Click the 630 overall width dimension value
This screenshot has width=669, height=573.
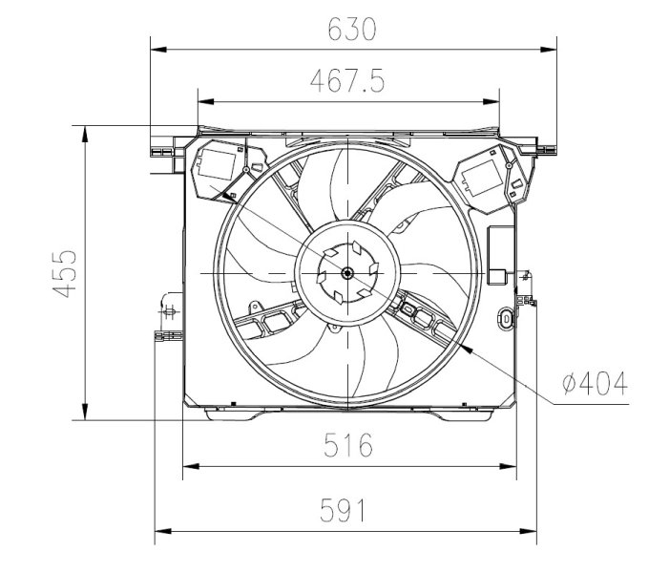pos(351,30)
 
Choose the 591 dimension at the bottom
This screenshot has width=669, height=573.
pos(343,511)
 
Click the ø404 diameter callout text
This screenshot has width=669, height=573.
pos(595,384)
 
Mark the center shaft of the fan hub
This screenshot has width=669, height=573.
pos(347,274)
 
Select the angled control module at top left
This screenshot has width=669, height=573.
pos(220,168)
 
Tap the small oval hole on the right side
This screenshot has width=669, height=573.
pos(506,316)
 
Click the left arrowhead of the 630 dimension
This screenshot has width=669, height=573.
pos(157,47)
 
